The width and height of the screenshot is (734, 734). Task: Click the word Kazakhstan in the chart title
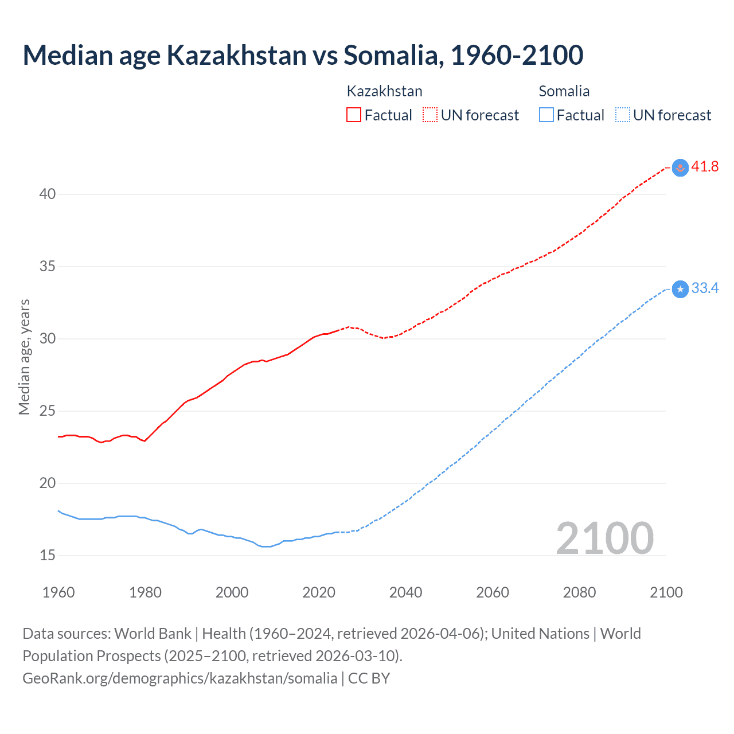[x=236, y=55]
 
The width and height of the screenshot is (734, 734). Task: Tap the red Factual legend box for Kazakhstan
[x=354, y=115]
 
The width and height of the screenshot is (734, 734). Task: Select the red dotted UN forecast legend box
[x=430, y=115]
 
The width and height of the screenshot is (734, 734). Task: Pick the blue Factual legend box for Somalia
[x=546, y=115]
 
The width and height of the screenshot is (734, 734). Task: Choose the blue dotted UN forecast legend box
[x=622, y=115]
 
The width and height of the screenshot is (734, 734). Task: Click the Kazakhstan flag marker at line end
[x=680, y=167]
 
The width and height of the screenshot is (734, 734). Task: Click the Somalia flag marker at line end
[x=680, y=289]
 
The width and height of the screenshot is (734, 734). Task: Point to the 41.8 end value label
[x=705, y=167]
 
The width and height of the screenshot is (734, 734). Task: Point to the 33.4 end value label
[x=705, y=288]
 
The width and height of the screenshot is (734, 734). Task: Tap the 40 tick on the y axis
[x=48, y=194]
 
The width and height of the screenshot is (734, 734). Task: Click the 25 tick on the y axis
[x=48, y=411]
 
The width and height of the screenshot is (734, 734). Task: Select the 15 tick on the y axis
[x=48, y=555]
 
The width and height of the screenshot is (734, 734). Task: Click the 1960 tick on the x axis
[x=58, y=592]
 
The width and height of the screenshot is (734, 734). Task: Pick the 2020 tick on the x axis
[x=319, y=592]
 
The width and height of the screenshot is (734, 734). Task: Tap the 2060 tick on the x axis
[x=493, y=592]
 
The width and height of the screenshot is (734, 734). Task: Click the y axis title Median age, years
[x=24, y=357]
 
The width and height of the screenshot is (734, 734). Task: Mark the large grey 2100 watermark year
[x=604, y=538]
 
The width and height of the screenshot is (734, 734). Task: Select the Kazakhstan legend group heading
[x=384, y=91]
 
